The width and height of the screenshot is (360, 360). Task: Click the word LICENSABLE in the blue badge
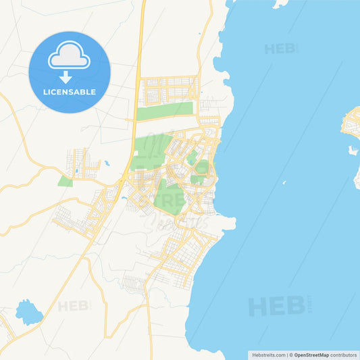pyautogui.click(x=70, y=92)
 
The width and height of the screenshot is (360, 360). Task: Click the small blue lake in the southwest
pyautogui.click(x=28, y=312)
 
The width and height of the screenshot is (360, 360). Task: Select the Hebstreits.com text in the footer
pyautogui.click(x=268, y=355)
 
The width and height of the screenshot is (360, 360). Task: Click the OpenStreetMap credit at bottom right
pyautogui.click(x=311, y=355)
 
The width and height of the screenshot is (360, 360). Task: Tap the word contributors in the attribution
pyautogui.click(x=343, y=355)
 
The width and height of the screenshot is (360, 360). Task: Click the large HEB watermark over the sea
pyautogui.click(x=277, y=305)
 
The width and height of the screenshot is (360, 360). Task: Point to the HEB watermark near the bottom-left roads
pyautogui.click(x=74, y=306)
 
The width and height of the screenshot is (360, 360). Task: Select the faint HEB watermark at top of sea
pyautogui.click(x=280, y=49)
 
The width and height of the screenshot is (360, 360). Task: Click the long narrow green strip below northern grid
pyautogui.click(x=165, y=111)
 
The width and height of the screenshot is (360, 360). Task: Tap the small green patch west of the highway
pyautogui.click(x=65, y=181)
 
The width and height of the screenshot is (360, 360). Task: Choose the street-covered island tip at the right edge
pyautogui.click(x=352, y=125)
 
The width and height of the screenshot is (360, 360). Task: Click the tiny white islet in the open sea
pyautogui.click(x=286, y=184)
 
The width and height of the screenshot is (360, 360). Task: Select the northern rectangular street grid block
pyautogui.click(x=169, y=88)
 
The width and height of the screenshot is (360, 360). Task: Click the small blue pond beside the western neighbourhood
pyautogui.click(x=106, y=163)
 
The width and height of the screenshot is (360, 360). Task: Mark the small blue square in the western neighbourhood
pyautogui.click(x=76, y=170)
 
